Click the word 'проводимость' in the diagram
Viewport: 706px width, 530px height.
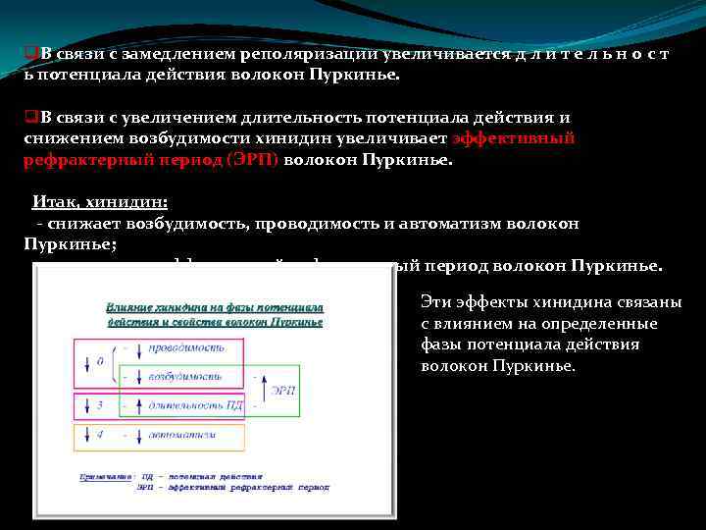pos(186,347)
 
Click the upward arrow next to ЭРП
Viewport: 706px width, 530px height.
pos(257,390)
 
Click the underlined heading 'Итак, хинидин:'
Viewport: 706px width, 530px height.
pos(100,202)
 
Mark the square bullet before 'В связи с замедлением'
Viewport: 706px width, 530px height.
pos(29,53)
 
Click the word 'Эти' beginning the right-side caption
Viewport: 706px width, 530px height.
pos(435,302)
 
